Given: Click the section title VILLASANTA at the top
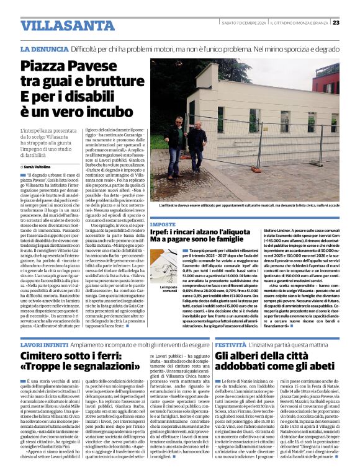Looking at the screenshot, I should [x=60, y=25].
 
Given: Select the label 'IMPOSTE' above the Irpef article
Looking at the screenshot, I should [x=163, y=224].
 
